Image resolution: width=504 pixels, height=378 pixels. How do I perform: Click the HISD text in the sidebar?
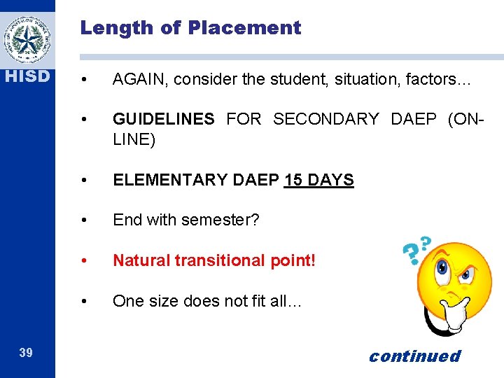pos(26,76)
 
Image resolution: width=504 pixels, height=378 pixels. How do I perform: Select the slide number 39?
pos(26,353)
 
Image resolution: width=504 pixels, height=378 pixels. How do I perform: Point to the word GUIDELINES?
pos(164,120)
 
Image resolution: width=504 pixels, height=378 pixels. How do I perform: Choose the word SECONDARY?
pos(325,120)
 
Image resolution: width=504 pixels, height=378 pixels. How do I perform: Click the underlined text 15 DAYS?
pos(318,180)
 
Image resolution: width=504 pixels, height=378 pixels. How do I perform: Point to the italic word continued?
pos(414,356)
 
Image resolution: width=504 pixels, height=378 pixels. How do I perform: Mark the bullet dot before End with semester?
pos(84,220)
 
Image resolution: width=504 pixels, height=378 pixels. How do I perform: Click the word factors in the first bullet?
pos(428,80)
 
